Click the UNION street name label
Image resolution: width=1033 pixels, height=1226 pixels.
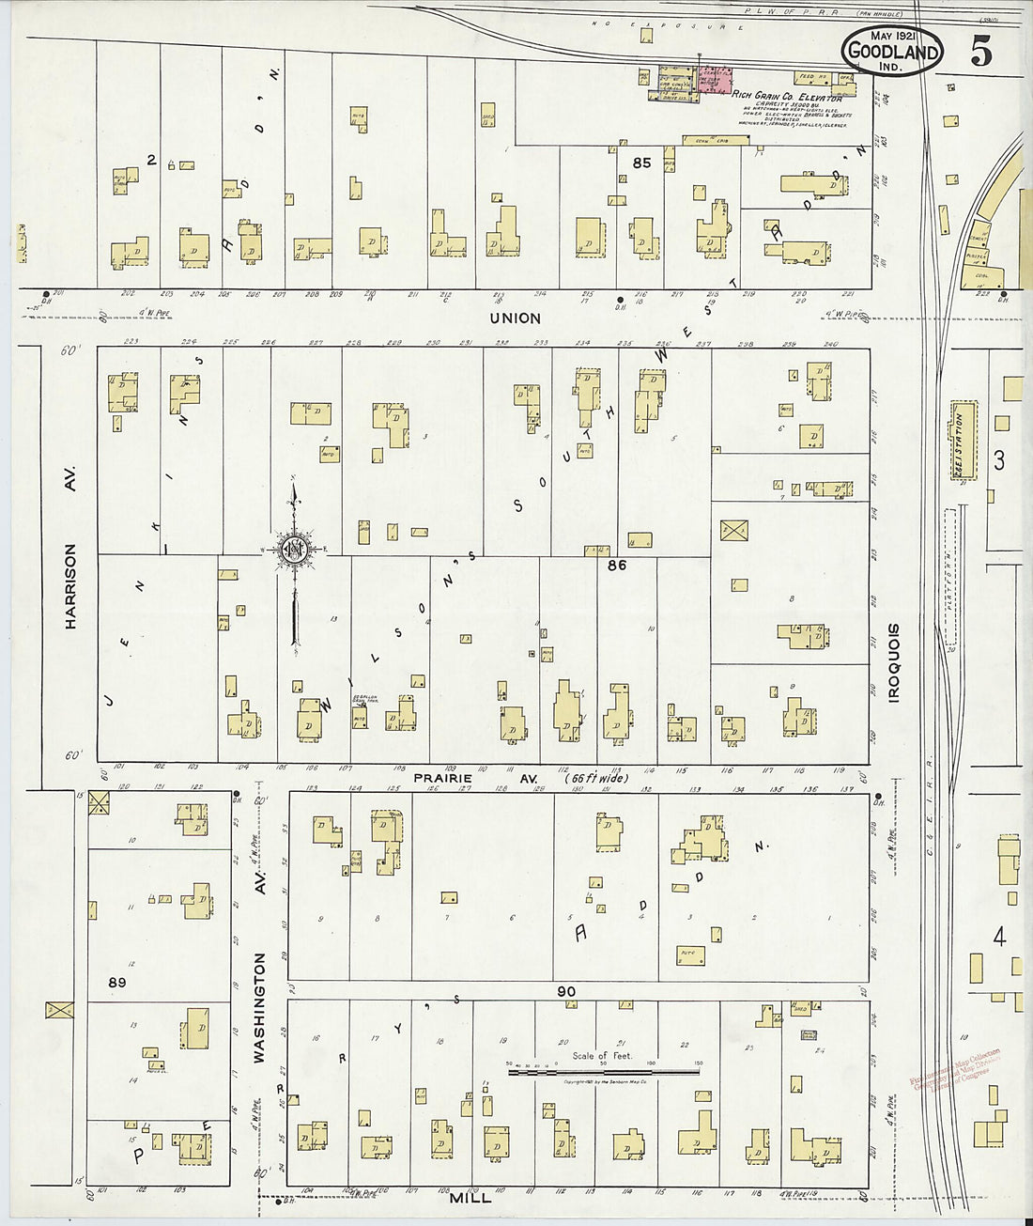[x=515, y=318]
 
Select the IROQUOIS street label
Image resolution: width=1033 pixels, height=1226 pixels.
[x=893, y=662]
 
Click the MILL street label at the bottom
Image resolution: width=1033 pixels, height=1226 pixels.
[x=470, y=1200]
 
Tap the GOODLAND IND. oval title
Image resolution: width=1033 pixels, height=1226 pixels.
[x=891, y=53]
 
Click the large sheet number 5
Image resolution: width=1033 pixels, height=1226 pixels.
[x=980, y=54]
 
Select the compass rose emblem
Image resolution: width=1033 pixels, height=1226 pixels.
[x=293, y=550]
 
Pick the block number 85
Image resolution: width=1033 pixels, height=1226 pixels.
[x=641, y=163]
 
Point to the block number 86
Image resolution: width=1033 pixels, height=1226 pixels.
[x=616, y=566]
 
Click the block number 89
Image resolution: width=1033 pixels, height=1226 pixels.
[x=116, y=983]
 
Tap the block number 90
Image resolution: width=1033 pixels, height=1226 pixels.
[x=565, y=991]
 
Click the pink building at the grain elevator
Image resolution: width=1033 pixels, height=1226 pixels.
[x=717, y=79]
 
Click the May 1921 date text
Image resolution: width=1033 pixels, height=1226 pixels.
[x=892, y=35]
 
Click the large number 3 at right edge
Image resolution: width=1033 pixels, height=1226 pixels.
[x=999, y=460]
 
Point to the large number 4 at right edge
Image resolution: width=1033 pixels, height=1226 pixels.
[x=999, y=937]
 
